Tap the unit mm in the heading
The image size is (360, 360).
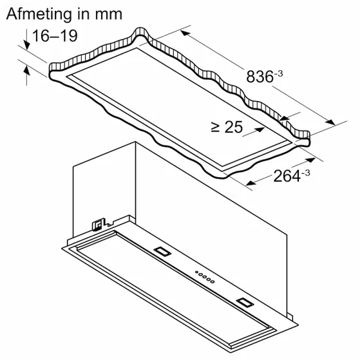(x=109, y=15)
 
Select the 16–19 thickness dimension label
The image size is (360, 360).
(x=55, y=36)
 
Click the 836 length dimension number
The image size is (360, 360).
(x=260, y=77)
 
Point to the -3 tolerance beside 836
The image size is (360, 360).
(x=278, y=74)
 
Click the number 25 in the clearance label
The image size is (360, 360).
(x=234, y=127)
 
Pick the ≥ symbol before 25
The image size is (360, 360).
(x=215, y=128)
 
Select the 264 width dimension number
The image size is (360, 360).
(x=287, y=176)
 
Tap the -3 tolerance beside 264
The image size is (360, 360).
(x=306, y=173)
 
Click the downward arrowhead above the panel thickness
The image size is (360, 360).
(x=27, y=45)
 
